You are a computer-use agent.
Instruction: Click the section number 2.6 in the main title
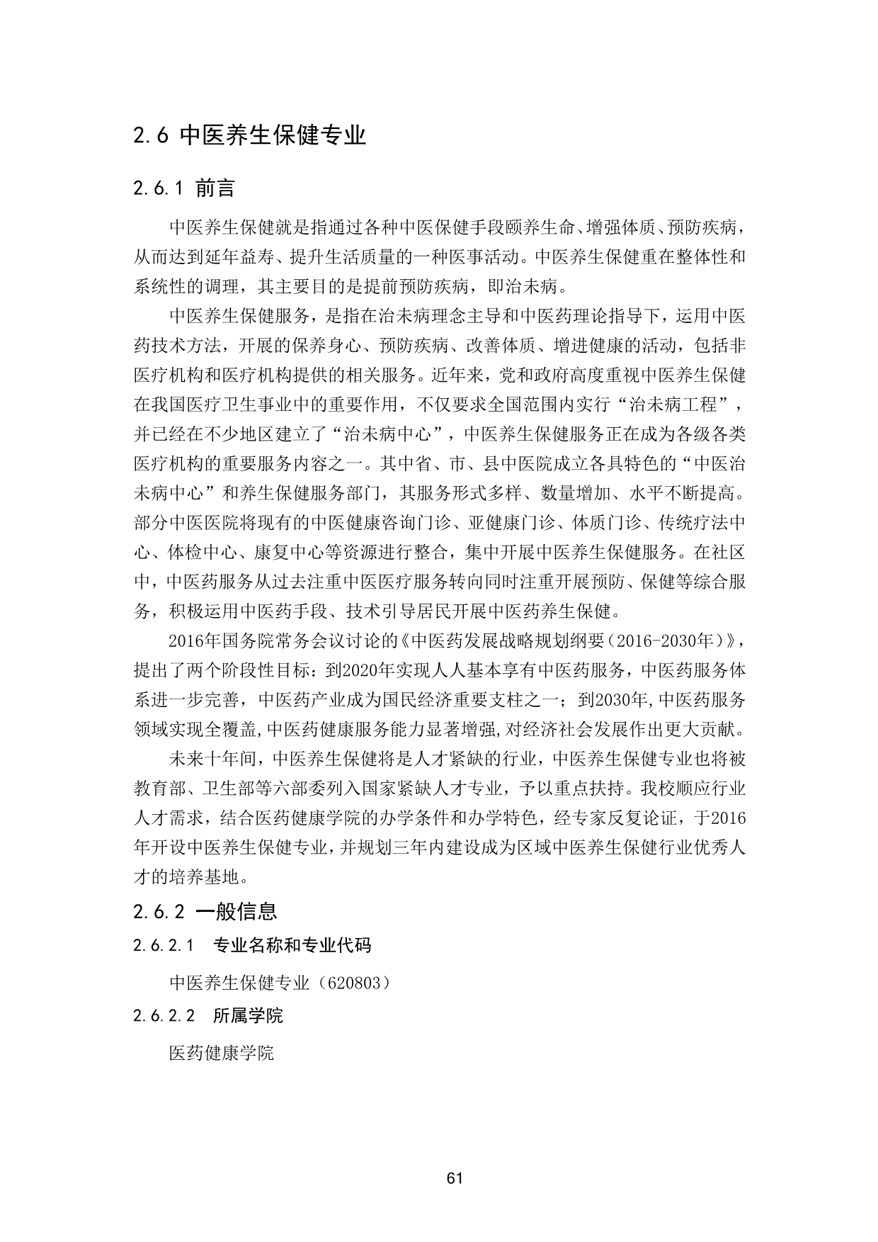150,135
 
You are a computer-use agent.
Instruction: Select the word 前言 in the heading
215,189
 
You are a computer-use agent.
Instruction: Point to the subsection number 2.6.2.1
164,945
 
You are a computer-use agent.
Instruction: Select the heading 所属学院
248,1016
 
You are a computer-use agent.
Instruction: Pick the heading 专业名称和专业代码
292,945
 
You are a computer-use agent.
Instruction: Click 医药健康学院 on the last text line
221,1053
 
